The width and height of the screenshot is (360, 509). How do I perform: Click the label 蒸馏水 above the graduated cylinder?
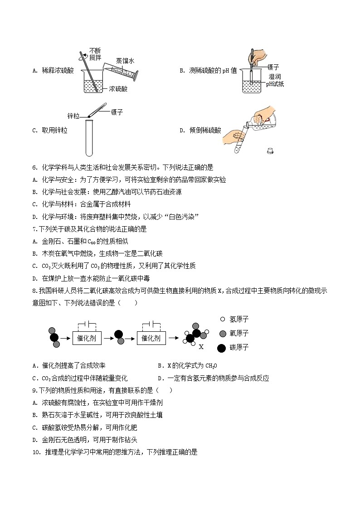tap(125, 60)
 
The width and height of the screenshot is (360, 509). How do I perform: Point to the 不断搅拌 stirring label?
tap(95, 54)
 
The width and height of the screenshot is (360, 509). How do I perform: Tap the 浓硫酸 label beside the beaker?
tap(118, 89)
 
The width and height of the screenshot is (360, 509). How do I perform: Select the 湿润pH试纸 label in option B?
tap(274, 80)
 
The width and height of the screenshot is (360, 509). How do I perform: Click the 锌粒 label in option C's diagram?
tap(73, 116)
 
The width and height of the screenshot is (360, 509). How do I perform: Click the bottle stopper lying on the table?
tap(270, 150)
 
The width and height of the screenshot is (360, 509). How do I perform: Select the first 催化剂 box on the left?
tap(87, 338)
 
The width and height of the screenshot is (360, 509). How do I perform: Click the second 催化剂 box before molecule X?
tap(151, 338)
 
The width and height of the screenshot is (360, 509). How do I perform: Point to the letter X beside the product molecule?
tap(201, 347)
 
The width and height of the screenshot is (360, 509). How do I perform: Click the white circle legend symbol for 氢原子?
tap(222, 319)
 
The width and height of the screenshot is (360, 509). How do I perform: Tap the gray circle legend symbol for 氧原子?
tap(222, 334)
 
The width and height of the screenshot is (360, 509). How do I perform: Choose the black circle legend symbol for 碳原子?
tap(222, 348)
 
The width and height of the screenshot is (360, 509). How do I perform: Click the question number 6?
tap(34, 167)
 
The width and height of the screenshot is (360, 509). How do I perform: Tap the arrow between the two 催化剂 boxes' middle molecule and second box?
tap(130, 338)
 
